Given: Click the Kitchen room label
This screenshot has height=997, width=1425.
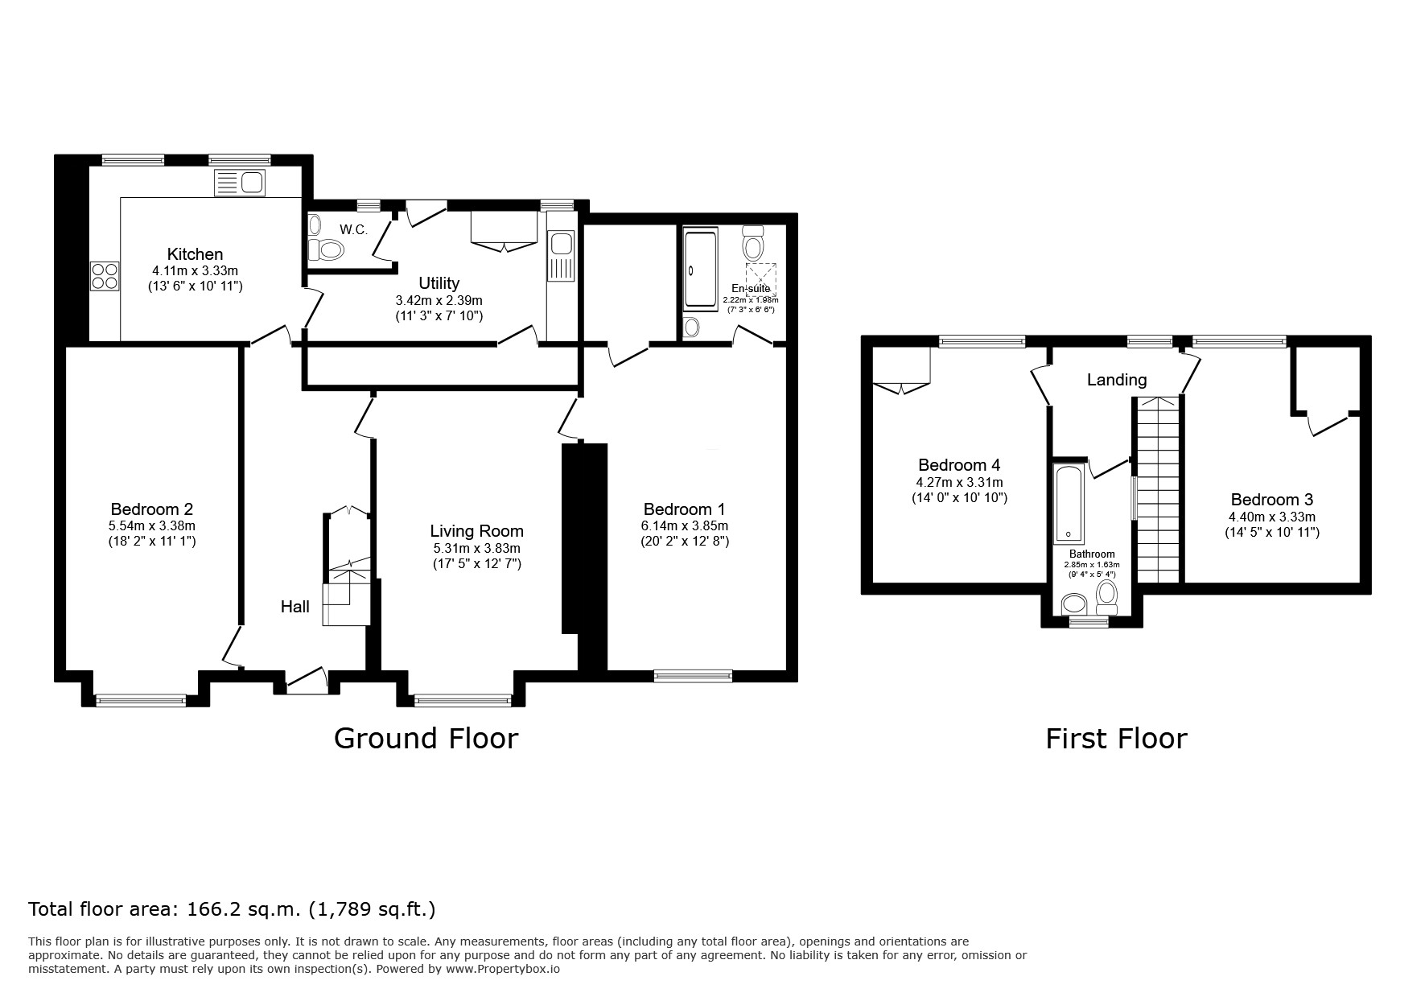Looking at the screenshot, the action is pos(195,254).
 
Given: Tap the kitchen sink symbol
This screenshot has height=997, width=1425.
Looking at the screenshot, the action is pos(240,183).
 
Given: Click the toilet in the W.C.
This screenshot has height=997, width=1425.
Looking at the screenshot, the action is pos(327,250).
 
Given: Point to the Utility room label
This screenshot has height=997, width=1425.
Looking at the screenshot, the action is pos(439,283).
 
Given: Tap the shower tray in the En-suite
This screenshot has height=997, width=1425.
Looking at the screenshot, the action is pos(699,269).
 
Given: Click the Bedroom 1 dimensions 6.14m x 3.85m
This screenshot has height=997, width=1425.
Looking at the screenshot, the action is pos(685,526).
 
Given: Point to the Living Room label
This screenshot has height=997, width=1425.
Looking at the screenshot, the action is pos(477,531).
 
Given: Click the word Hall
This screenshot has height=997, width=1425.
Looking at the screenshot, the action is pos(295,607).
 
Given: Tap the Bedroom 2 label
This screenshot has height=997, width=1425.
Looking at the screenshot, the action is pos(152,509).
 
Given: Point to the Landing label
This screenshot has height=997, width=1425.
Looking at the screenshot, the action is pos(1117,380).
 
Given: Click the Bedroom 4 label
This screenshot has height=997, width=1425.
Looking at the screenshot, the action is pos(959,465).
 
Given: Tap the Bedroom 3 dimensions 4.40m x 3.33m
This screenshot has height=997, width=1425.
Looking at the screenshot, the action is pos(1272,517).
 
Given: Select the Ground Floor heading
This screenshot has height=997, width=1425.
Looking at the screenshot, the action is pos(426,738).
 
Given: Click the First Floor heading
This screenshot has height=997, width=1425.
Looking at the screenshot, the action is pos(1116,738).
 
